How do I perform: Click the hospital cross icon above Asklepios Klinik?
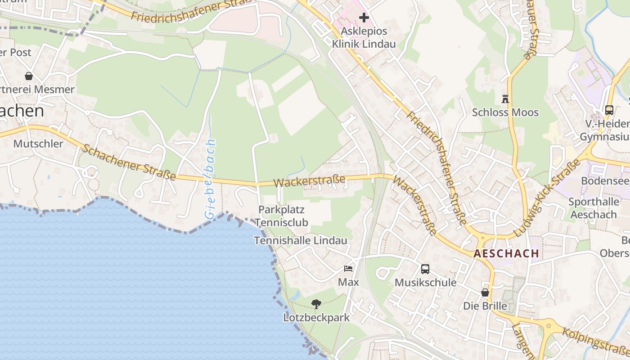[364, 18]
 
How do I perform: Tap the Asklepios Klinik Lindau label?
[364, 38]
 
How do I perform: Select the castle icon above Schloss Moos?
[505, 99]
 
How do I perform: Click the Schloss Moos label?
[505, 112]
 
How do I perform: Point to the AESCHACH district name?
[506, 253]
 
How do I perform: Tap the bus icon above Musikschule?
[425, 269]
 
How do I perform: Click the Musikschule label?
[425, 283]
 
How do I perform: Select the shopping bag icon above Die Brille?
[485, 292]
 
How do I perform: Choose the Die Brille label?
[485, 306]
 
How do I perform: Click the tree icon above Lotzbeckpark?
[316, 304]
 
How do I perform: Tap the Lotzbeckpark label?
[316, 318]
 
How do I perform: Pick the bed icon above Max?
[348, 269]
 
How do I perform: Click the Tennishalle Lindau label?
[301, 241]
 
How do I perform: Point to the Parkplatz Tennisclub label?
[282, 216]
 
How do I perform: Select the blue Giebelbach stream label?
[211, 180]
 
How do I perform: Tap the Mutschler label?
[38, 144]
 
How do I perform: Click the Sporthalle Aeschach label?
[594, 208]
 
